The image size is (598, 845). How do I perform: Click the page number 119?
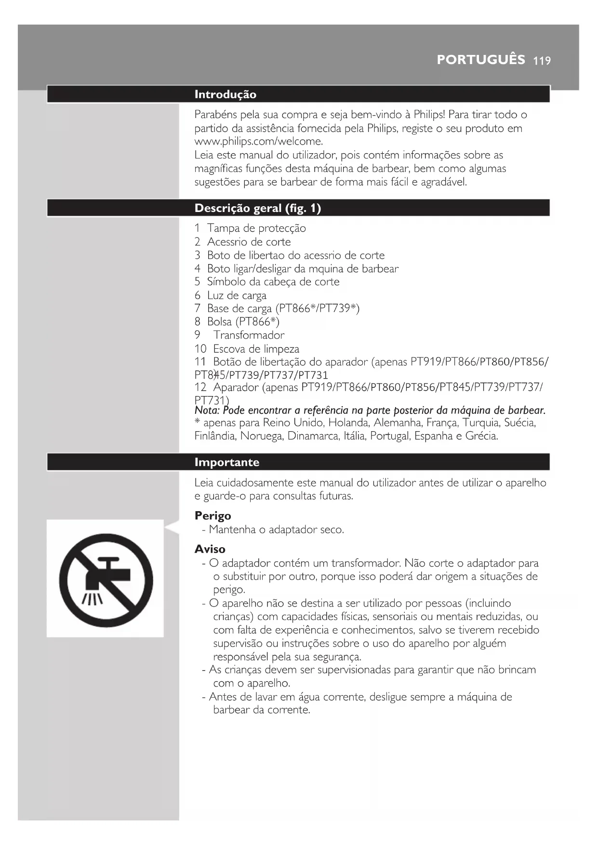point(542,61)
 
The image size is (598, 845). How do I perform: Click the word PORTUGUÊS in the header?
point(480,60)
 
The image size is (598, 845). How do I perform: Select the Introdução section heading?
point(225,94)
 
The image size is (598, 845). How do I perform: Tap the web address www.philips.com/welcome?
point(258,142)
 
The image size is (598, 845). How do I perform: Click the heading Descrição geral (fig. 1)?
point(257,208)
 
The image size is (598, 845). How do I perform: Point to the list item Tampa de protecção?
point(256,228)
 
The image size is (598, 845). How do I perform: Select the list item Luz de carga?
point(237,295)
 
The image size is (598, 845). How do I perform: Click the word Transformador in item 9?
point(249,335)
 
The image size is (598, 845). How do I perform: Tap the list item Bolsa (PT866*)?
point(243,322)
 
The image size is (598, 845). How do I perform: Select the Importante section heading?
point(226,462)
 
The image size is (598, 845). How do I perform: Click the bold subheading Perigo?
point(213,516)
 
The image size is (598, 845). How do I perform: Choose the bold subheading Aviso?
point(210,549)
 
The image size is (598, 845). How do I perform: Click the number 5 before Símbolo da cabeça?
point(197,282)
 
